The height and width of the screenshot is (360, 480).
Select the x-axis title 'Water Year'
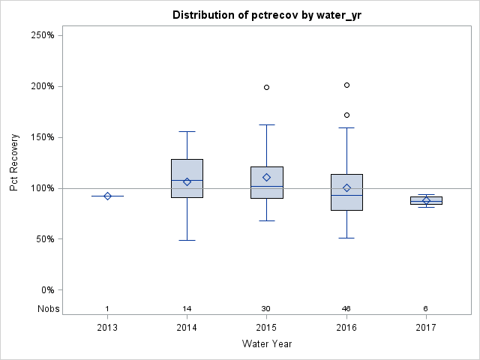point(266,343)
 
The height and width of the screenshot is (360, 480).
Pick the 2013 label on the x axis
point(107,328)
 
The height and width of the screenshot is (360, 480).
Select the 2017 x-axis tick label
point(426,328)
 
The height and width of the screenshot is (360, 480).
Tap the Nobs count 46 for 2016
point(346,309)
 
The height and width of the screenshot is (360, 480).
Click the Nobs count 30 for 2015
point(267,309)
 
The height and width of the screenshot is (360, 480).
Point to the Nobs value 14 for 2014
point(187,309)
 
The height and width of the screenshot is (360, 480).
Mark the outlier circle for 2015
point(267,87)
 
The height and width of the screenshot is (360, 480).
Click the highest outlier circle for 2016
point(346,85)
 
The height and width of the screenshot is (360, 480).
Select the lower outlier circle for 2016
point(346,115)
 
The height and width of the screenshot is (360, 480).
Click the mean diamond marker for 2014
point(187,181)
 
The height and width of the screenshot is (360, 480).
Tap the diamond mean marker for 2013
point(107,196)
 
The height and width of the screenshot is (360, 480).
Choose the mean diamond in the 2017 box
point(426,201)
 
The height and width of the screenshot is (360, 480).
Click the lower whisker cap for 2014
point(187,240)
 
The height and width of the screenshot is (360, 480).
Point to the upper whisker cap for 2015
point(267,124)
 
